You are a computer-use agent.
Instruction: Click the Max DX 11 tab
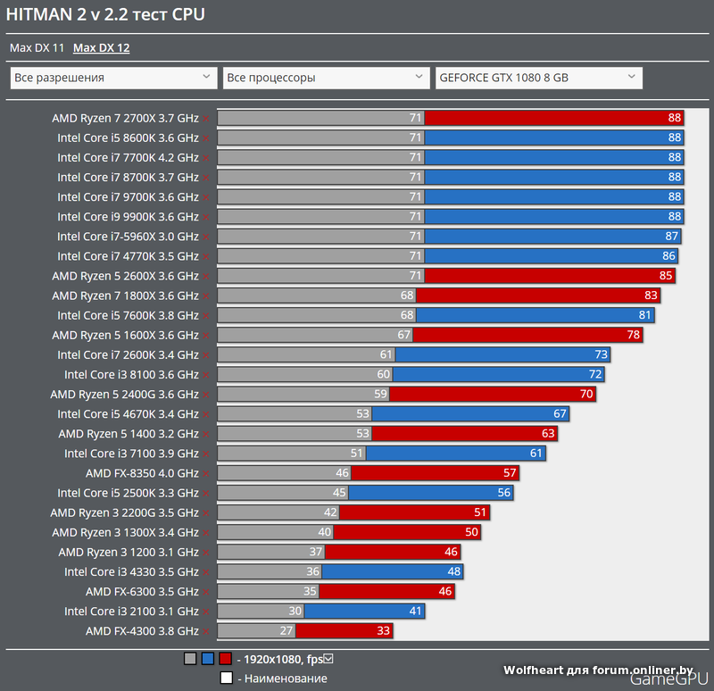tap(37, 48)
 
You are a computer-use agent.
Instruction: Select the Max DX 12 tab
tap(101, 48)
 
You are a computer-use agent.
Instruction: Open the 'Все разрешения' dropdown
tap(113, 78)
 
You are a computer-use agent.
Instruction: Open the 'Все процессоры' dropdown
tap(326, 78)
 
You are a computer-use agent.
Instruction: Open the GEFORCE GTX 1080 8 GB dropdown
tap(538, 78)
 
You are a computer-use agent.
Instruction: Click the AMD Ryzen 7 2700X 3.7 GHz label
tap(125, 118)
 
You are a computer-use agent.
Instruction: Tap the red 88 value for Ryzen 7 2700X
tap(674, 118)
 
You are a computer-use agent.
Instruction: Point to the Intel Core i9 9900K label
tap(128, 217)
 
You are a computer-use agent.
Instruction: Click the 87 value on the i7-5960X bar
tap(672, 237)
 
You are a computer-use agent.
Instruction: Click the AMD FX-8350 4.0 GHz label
tap(142, 473)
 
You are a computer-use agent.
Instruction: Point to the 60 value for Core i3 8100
tap(384, 374)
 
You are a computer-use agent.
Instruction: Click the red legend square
tap(225, 660)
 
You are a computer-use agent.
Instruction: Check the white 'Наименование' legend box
tap(227, 679)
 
